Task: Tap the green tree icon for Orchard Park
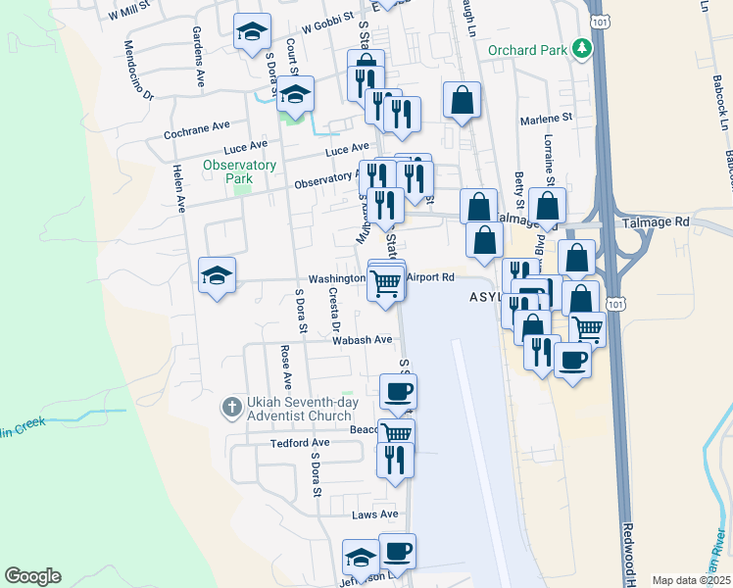[582, 48]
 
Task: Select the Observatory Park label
[240, 171]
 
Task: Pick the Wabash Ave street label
[362, 340]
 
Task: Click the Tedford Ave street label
[300, 443]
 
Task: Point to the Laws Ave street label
[375, 514]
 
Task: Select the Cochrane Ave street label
[196, 126]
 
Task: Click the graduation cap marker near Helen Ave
[217, 274]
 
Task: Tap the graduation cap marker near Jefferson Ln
[361, 559]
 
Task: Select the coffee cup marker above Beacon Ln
[398, 392]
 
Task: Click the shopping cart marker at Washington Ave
[386, 282]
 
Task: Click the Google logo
[32, 576]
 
